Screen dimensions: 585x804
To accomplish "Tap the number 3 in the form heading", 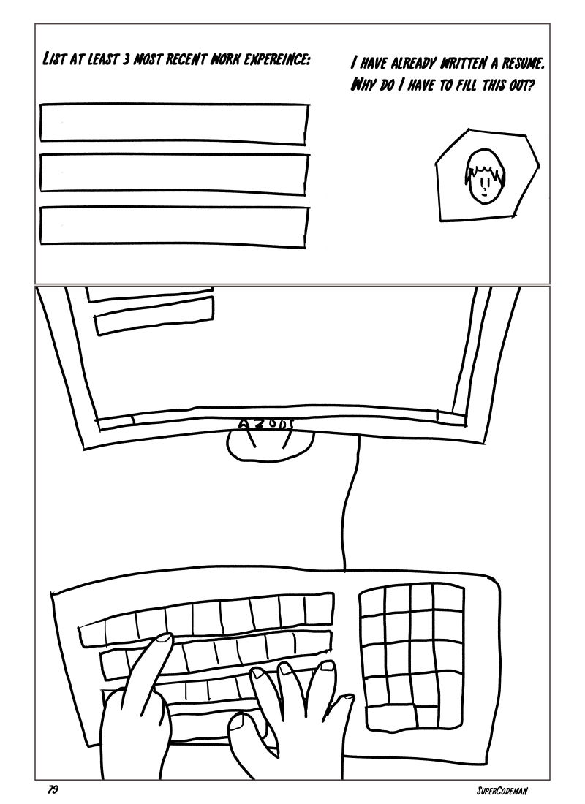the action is [127, 60].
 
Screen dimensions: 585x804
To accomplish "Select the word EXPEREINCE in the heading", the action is [278, 60].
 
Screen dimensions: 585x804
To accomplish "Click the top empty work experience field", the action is [175, 124].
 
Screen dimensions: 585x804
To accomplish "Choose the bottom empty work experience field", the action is [175, 227].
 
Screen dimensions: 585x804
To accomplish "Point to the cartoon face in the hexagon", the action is [485, 176].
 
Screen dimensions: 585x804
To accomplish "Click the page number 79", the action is [53, 789].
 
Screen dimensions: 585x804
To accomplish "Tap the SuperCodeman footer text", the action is [502, 790].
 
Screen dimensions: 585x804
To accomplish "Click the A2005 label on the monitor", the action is [265, 423].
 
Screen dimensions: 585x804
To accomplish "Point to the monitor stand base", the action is [270, 444].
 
